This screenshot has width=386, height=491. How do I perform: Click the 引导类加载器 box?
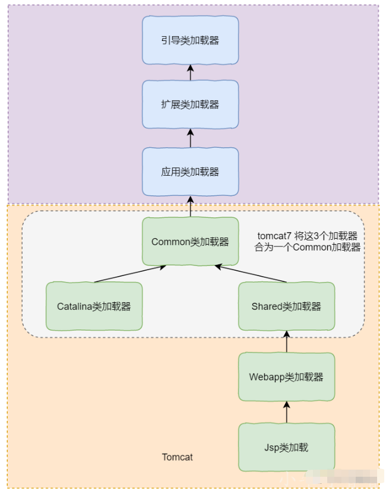coord(190,40)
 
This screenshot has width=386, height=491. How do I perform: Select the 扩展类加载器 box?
coord(190,104)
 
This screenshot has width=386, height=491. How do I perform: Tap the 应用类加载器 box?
coord(190,172)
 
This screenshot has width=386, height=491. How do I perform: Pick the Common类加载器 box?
coord(190,242)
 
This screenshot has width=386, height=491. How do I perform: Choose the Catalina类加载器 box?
coord(94,306)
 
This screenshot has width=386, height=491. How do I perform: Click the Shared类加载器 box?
coord(286,306)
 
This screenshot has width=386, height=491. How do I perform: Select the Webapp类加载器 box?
coord(286,376)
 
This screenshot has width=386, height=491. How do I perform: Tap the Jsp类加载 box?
coord(286,447)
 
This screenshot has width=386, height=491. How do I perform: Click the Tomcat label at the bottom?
coord(177,457)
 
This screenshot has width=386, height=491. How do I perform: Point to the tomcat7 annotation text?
coord(308,242)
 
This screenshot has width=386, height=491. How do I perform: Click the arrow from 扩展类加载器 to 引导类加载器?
coord(190,72)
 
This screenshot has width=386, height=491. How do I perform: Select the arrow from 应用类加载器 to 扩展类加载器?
coord(190,138)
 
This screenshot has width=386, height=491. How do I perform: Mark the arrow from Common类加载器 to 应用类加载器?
coord(190,207)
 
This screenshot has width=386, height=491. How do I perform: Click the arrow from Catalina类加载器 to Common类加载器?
coord(129,274)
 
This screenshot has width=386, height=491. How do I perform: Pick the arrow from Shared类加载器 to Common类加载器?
coord(252,274)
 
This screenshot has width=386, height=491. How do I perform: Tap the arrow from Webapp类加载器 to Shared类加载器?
coord(286,341)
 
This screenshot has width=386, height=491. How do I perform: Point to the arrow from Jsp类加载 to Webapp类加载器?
coord(286,411)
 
